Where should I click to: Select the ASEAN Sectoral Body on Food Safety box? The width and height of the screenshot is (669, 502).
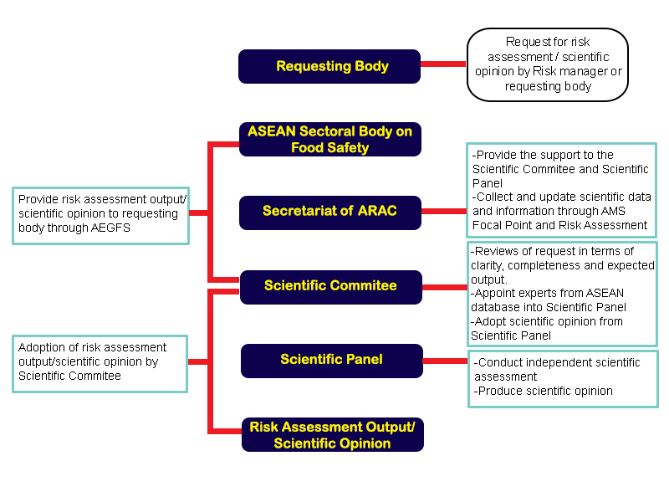329,140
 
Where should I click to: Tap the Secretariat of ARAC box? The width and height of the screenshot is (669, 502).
329,212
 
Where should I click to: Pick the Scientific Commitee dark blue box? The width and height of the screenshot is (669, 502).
330,286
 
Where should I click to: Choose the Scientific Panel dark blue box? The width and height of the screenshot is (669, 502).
331,360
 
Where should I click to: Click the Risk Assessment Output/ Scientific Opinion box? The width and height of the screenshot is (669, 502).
332,435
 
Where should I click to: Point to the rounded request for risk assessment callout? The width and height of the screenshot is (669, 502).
548,64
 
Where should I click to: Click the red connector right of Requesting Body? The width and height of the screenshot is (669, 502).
443,64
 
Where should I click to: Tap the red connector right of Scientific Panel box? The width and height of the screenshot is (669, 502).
445,361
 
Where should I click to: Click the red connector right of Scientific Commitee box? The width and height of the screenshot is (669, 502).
445,287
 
